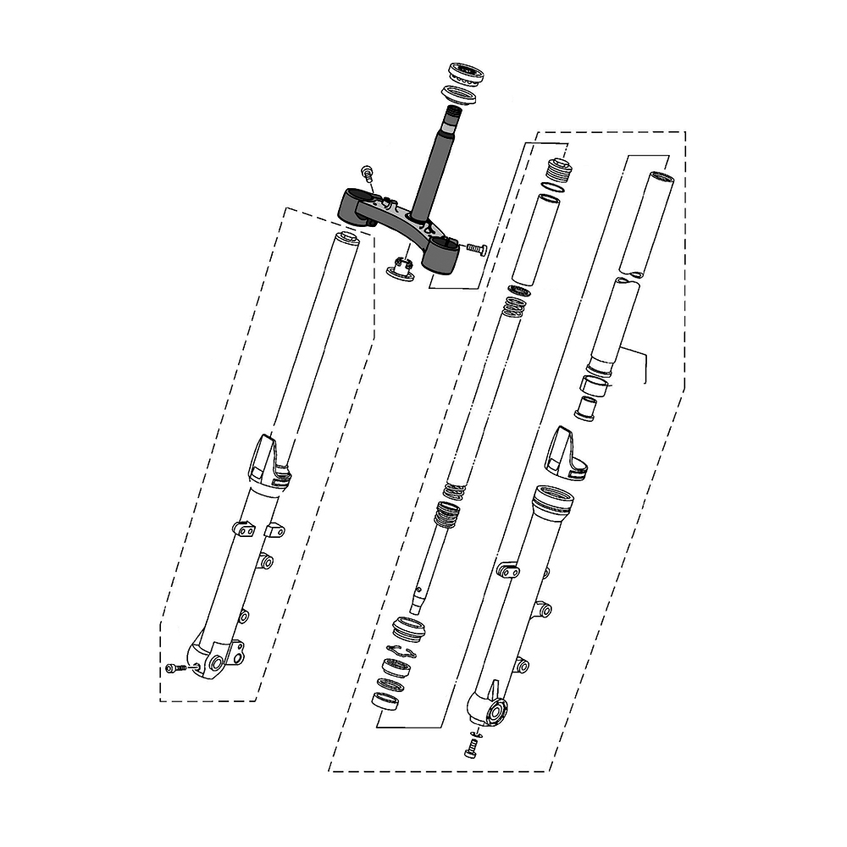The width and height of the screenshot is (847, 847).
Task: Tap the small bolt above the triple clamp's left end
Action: click(x=368, y=173)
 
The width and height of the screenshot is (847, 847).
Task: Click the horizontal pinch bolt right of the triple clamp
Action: click(x=474, y=248)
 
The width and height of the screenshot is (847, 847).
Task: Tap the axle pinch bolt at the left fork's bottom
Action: click(x=175, y=669)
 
